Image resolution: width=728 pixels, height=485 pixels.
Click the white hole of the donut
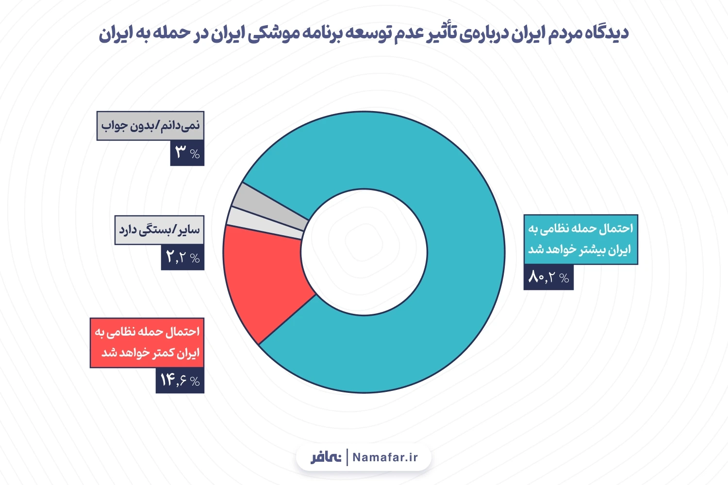pyautogui.click(x=364, y=252)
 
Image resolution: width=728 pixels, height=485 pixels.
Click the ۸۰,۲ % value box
pyautogui.click(x=548, y=277)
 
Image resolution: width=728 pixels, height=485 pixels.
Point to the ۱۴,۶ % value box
pyautogui.click(x=180, y=380)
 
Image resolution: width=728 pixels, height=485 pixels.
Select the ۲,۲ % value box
pyautogui.click(x=182, y=257)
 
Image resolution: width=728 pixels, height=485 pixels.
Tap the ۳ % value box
pyautogui.click(x=187, y=153)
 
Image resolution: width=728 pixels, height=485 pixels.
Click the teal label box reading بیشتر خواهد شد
pyautogui.click(x=580, y=239)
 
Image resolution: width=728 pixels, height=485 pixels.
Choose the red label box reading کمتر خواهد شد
pyautogui.click(x=147, y=342)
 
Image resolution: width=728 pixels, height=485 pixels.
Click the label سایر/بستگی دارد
pyautogui.click(x=159, y=229)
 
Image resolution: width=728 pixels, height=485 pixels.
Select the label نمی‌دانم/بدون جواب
pyautogui.click(x=150, y=126)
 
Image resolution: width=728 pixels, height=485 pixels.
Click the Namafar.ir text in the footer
pyautogui.click(x=385, y=457)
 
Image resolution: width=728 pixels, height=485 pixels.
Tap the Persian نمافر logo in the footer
pyautogui.click(x=326, y=457)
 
